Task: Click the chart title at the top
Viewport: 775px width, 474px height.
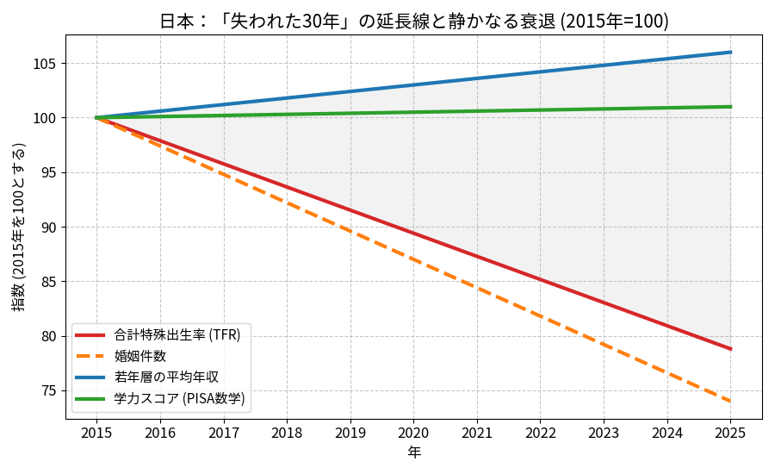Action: [x=413, y=21]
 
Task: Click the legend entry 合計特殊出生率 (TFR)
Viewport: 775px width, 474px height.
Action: [x=177, y=334]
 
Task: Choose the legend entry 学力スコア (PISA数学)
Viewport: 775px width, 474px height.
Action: [x=179, y=397]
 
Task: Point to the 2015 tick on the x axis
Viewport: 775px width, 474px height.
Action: [x=97, y=431]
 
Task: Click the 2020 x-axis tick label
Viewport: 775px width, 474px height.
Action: [x=413, y=431]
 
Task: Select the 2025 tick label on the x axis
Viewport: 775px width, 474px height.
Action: [x=730, y=431]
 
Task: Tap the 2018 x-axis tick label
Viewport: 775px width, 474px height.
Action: [x=287, y=431]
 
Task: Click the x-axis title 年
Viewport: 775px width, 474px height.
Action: [x=413, y=452]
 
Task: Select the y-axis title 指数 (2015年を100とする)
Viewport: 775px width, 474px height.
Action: [x=19, y=227]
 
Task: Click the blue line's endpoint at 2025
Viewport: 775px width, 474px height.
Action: [x=730, y=53]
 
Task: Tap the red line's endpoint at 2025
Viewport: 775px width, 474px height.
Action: [x=730, y=349]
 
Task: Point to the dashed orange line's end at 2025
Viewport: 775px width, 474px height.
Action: [x=730, y=401]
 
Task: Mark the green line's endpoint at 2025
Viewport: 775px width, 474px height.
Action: [x=730, y=107]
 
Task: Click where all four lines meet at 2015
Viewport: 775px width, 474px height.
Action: [x=97, y=118]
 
